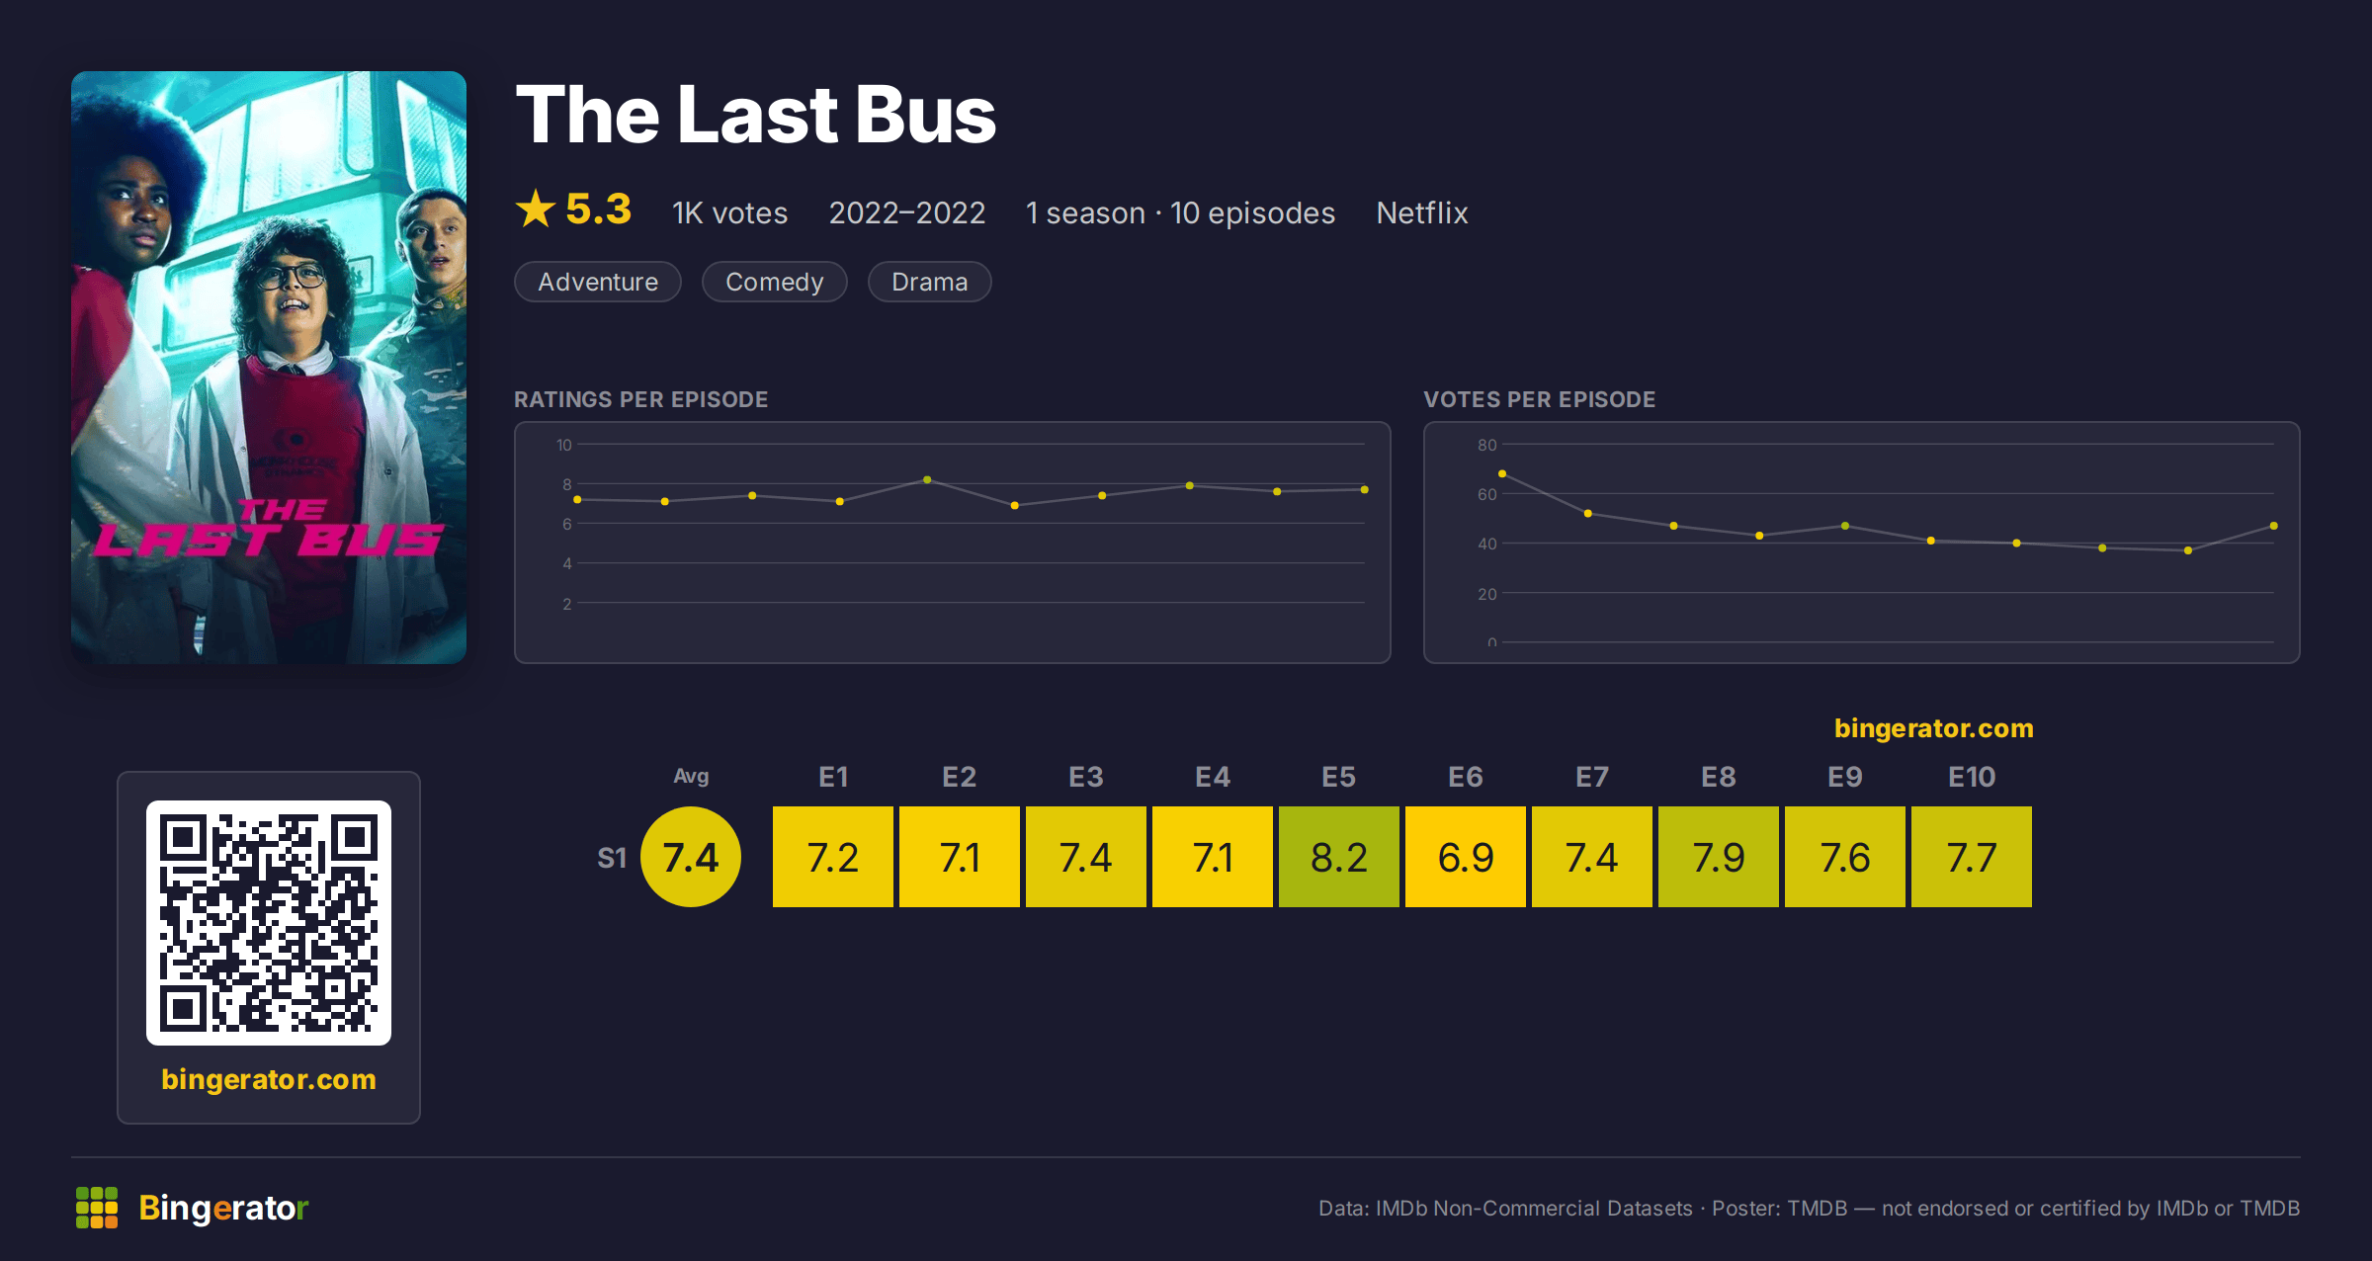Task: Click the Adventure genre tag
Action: coord(598,282)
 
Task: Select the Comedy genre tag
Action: coord(774,282)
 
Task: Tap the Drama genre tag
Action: coord(929,282)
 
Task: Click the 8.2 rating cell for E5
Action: coord(1339,857)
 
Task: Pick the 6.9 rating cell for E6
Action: coord(1466,857)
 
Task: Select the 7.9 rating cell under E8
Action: coord(1719,857)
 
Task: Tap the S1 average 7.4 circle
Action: coord(691,857)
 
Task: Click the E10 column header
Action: coord(1972,777)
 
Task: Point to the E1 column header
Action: coord(833,777)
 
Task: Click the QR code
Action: coord(269,923)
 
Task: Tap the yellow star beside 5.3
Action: coord(536,209)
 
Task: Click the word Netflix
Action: coord(1422,212)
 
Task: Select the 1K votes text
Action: coord(730,212)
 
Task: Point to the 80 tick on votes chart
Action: coord(1487,445)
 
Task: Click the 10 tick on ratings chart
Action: coord(563,445)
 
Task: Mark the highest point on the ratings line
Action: coord(927,480)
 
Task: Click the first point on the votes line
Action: coord(1502,474)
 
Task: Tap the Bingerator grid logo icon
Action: coord(97,1208)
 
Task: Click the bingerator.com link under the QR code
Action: coord(269,1079)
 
